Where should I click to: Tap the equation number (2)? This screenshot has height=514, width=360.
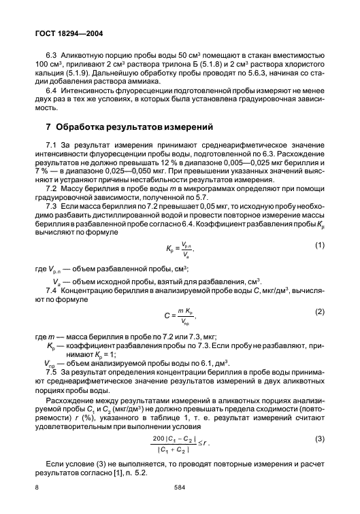click(321, 310)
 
